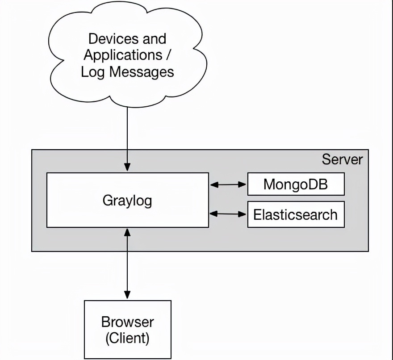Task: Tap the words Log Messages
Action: (x=127, y=72)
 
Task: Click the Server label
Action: (x=342, y=159)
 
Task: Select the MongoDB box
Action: (x=296, y=184)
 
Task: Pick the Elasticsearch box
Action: (x=296, y=214)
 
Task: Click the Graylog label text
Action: (x=127, y=200)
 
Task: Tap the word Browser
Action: (x=127, y=322)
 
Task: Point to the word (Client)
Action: (x=127, y=338)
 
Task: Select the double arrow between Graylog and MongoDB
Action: (x=228, y=184)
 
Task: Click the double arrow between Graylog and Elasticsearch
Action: (x=228, y=214)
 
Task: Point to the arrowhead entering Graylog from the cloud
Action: (x=127, y=168)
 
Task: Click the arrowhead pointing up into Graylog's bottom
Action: (x=127, y=232)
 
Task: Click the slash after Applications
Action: (x=169, y=55)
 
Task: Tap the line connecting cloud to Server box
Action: (x=127, y=130)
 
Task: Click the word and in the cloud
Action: (x=155, y=39)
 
